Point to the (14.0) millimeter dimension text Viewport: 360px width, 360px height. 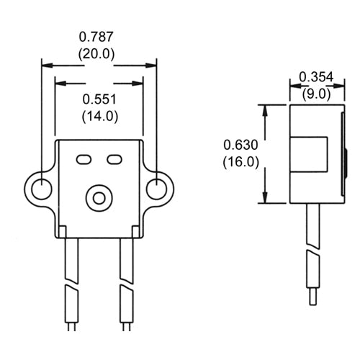[x=99, y=115]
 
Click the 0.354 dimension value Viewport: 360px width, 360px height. [x=315, y=77]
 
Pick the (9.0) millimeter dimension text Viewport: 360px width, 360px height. [x=315, y=92]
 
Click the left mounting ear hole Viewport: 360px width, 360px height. [x=42, y=189]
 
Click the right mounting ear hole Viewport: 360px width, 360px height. [x=156, y=189]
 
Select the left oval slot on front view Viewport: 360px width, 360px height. [x=84, y=158]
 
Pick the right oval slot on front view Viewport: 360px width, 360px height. [x=114, y=158]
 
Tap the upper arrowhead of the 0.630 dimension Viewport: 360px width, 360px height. [x=267, y=109]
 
